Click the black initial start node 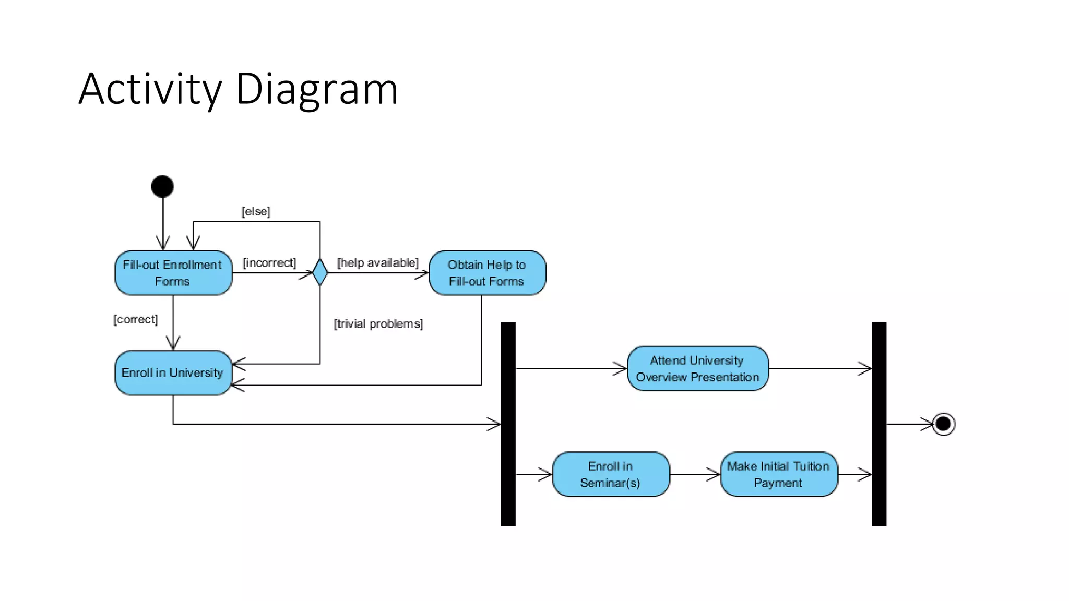[x=162, y=186]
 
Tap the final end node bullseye [x=943, y=424]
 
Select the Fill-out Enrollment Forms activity [x=173, y=273]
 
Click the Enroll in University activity [x=173, y=372]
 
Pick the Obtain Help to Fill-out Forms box [x=487, y=273]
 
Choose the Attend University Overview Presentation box [x=697, y=368]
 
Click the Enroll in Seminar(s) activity [x=610, y=474]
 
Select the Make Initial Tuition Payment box [x=778, y=474]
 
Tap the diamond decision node [x=320, y=272]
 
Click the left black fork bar [x=508, y=424]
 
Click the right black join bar [x=879, y=424]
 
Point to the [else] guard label [x=256, y=211]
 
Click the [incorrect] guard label [x=269, y=262]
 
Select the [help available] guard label [x=377, y=262]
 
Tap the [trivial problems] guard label [x=378, y=324]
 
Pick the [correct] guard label [x=136, y=319]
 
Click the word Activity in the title [x=150, y=90]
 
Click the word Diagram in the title [x=317, y=90]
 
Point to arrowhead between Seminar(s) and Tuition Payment [x=714, y=474]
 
